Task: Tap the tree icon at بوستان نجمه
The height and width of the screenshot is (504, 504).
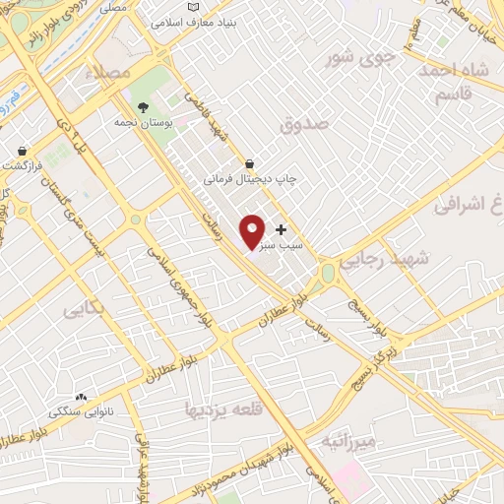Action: coord(145,107)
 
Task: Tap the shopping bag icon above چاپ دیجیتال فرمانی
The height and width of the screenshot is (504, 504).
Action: coord(249,162)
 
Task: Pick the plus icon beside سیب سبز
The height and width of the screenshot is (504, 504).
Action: coord(282,228)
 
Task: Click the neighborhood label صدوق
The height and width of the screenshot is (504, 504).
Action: coord(301,125)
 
